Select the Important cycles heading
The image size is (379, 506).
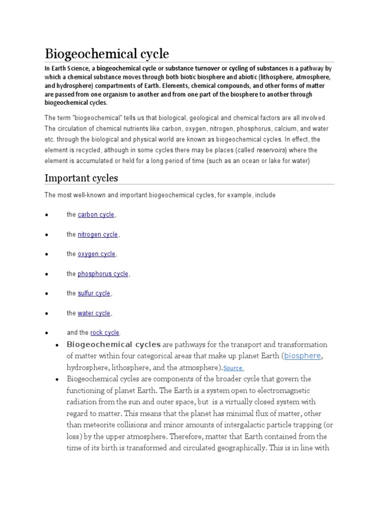tap(81, 177)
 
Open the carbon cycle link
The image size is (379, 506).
tap(96, 215)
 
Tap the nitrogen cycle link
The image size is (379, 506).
tap(98, 235)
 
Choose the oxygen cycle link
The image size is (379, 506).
tap(96, 254)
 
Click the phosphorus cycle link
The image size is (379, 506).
tap(103, 274)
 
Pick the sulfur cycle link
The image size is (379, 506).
tap(94, 294)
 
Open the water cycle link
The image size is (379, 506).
tap(94, 313)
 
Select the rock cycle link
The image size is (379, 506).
tap(105, 333)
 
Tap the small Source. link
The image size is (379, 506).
tap(233, 369)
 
